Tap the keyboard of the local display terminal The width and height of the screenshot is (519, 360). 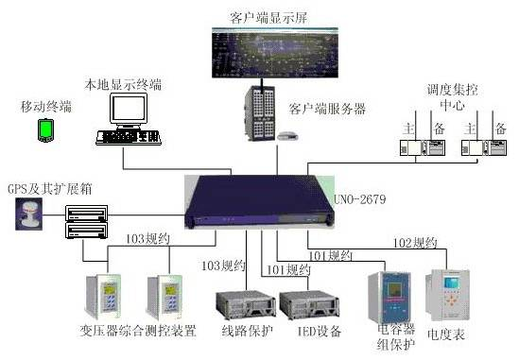pos(127,139)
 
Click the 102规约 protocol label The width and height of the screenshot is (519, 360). pos(416,243)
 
